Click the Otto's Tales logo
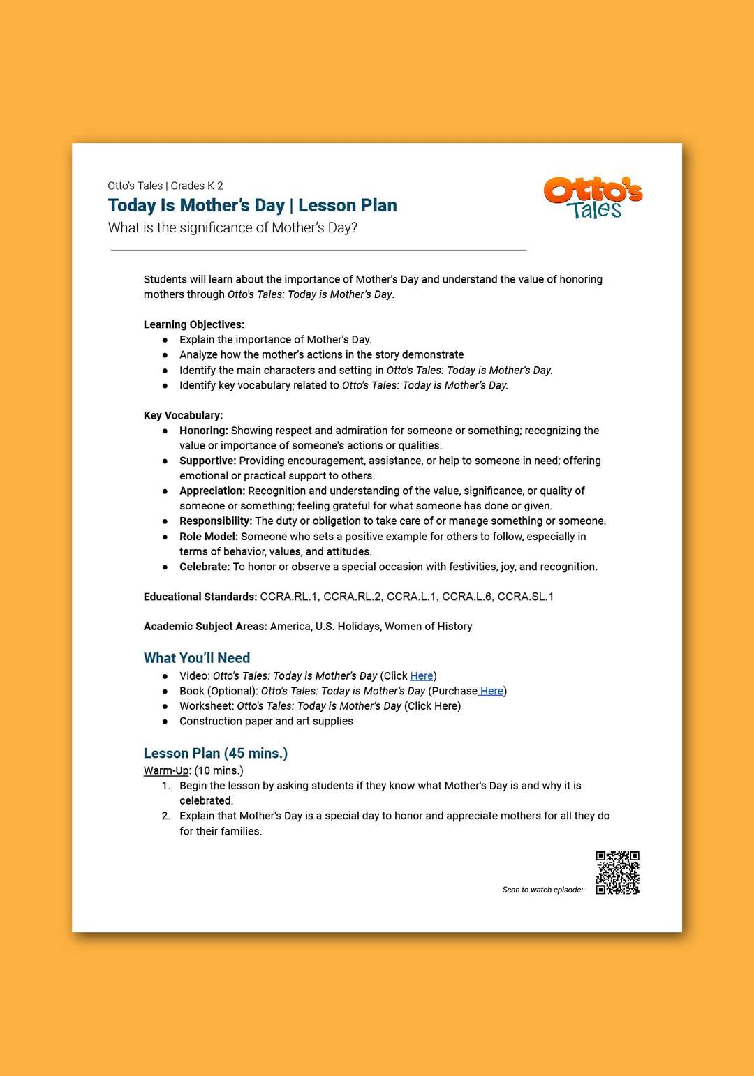pyautogui.click(x=593, y=198)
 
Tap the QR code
pyautogui.click(x=617, y=872)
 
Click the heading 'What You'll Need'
pyautogui.click(x=197, y=658)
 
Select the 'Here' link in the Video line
pyautogui.click(x=422, y=676)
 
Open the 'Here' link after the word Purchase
pyautogui.click(x=491, y=691)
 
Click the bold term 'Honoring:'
pyautogui.click(x=204, y=431)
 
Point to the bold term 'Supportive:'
pyautogui.click(x=208, y=461)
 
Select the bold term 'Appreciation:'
pyautogui.click(x=212, y=491)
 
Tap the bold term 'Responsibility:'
pyautogui.click(x=216, y=521)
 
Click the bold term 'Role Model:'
pyautogui.click(x=209, y=537)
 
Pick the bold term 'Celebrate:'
pyautogui.click(x=205, y=567)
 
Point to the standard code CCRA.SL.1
pyautogui.click(x=526, y=597)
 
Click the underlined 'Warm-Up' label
pyautogui.click(x=166, y=770)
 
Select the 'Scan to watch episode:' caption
pyautogui.click(x=542, y=890)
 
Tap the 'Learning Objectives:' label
pyautogui.click(x=194, y=324)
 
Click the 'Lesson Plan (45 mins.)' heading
pyautogui.click(x=216, y=754)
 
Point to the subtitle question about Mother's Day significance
pyautogui.click(x=232, y=228)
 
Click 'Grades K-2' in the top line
pyautogui.click(x=197, y=186)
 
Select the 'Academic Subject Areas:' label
pyautogui.click(x=205, y=627)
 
